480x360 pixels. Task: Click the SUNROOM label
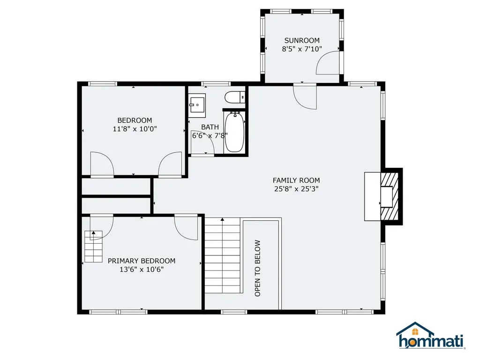click(302, 40)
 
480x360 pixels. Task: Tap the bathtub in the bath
click(234, 132)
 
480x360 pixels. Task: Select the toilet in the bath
click(235, 97)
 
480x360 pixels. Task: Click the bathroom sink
click(197, 105)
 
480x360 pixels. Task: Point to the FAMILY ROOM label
click(296, 180)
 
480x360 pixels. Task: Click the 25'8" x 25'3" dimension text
click(296, 189)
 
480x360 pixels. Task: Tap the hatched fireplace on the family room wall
click(389, 196)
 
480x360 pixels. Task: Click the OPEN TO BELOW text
click(257, 268)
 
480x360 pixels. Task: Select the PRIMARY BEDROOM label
click(142, 261)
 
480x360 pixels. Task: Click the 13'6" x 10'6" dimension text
click(142, 270)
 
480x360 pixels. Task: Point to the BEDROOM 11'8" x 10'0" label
click(135, 125)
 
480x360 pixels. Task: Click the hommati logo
click(431, 336)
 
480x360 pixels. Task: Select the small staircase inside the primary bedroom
click(93, 247)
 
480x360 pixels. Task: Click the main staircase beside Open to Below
click(222, 255)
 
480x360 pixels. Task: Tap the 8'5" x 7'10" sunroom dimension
click(302, 49)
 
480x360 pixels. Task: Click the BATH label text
click(210, 127)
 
